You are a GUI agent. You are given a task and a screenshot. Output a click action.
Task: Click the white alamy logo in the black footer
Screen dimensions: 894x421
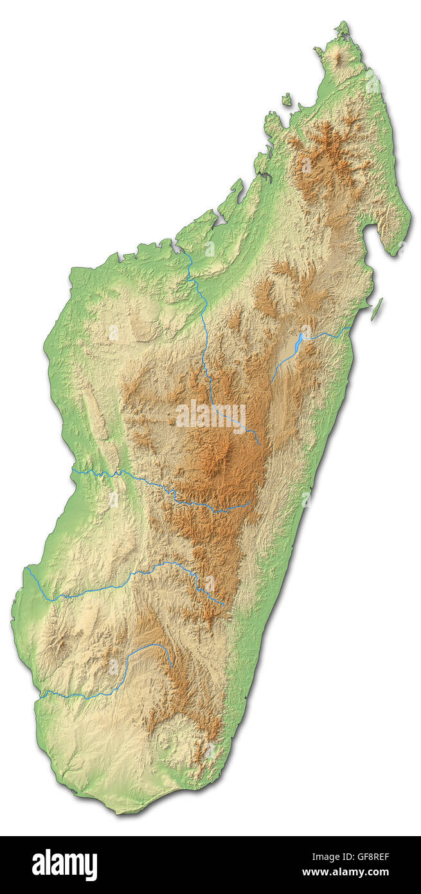[64, 864]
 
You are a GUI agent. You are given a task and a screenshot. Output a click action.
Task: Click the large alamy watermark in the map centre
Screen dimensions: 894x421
[210, 415]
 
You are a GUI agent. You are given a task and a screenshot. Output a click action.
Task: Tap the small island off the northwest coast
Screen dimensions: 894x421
[286, 100]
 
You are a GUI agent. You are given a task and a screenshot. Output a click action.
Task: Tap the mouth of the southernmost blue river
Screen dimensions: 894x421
[41, 694]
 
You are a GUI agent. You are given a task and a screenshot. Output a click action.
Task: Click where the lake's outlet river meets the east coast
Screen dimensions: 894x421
[350, 329]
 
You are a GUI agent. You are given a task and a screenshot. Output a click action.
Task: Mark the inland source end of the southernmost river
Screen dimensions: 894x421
[171, 664]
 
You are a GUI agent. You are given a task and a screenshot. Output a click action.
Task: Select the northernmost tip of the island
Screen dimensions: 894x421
[344, 24]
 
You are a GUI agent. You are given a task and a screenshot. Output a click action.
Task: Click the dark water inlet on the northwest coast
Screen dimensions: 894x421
[264, 176]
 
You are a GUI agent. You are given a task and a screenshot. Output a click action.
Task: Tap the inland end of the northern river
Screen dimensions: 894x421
[260, 444]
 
